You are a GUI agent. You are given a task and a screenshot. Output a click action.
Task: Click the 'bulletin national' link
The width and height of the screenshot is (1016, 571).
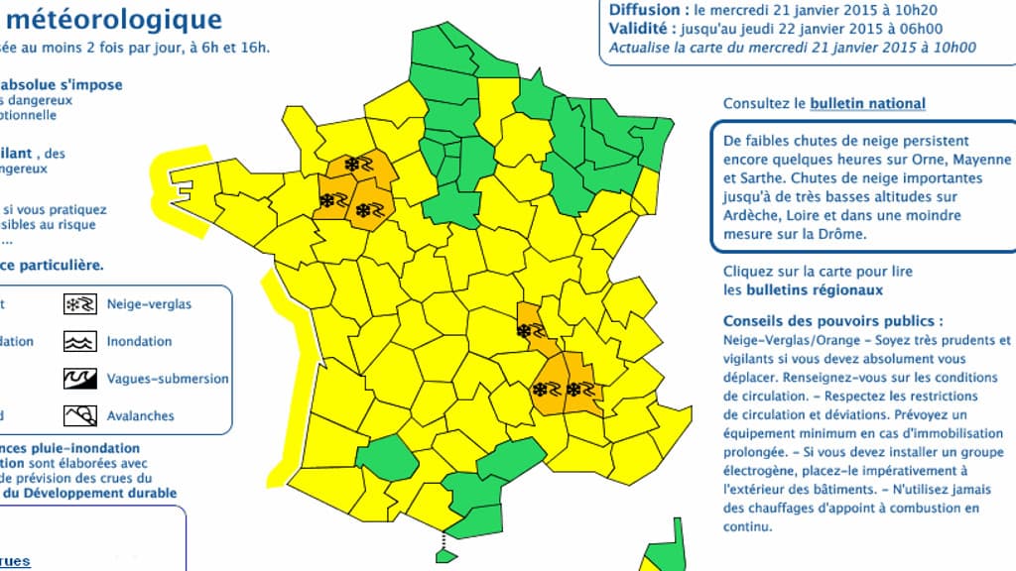click(x=868, y=103)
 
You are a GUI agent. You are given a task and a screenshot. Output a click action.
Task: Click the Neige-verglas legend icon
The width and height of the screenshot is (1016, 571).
click(x=79, y=304)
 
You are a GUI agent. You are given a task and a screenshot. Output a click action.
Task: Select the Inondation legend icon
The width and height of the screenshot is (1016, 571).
click(x=79, y=342)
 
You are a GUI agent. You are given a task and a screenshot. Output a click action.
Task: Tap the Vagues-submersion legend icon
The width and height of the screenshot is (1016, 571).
click(x=79, y=379)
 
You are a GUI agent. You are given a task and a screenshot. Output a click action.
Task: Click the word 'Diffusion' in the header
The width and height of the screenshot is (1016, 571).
click(x=644, y=10)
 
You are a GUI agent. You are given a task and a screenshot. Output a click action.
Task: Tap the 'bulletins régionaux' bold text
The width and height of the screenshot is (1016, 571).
click(x=803, y=290)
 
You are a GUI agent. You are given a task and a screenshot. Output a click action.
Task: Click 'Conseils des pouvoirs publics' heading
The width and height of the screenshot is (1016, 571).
click(x=828, y=321)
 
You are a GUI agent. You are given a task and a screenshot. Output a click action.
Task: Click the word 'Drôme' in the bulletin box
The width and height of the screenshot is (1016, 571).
click(x=844, y=234)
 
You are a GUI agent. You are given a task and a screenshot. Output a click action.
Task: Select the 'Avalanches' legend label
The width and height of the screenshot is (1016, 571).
click(x=140, y=416)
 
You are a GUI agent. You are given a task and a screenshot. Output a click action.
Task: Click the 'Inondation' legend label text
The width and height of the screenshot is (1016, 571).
click(x=139, y=342)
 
